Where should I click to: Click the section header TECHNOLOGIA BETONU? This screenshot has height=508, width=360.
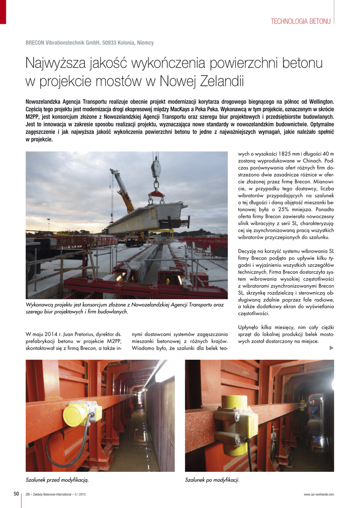300,21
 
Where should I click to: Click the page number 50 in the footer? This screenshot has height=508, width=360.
16,494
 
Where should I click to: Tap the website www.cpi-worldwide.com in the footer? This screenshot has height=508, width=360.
319,494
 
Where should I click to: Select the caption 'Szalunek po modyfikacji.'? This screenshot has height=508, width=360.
213,480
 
